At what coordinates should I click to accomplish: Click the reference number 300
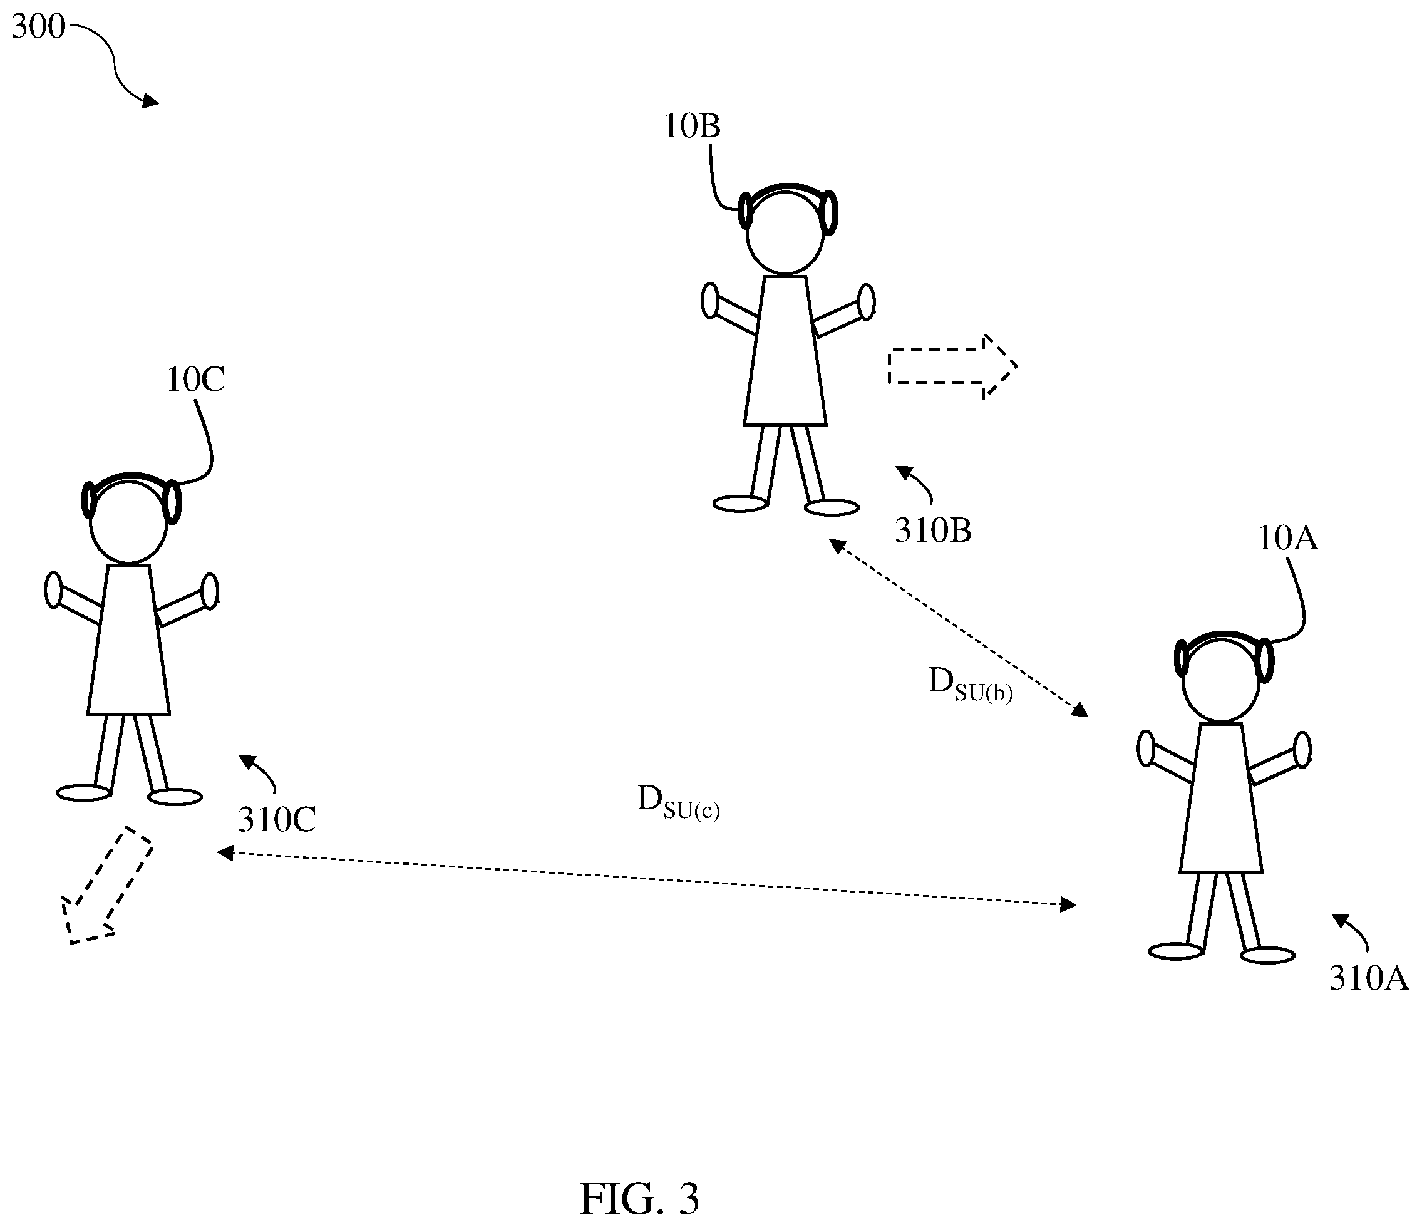pos(38,28)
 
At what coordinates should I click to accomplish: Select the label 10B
pos(692,127)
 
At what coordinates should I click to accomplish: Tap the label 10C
pos(195,380)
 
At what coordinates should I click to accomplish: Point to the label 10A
pos(1287,539)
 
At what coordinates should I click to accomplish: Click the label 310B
pos(934,531)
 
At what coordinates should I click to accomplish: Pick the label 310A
pos(1369,979)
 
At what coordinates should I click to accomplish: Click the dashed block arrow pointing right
pos(951,366)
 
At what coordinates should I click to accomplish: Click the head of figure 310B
pos(785,234)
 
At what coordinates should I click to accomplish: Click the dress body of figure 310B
pos(785,354)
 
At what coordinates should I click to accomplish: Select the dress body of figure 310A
pos(1222,800)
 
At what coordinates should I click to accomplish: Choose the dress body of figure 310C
pos(128,643)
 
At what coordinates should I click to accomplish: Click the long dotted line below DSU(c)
pos(645,878)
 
